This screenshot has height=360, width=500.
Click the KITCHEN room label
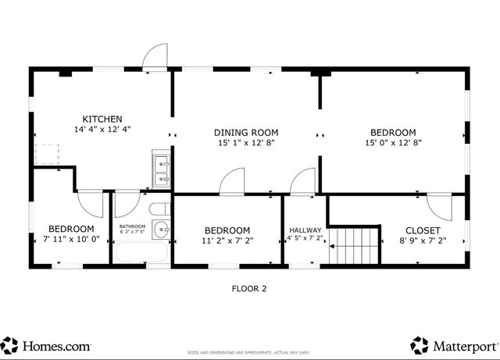[102, 119]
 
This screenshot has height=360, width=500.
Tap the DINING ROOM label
[247, 132]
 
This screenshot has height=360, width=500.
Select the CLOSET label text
[423, 230]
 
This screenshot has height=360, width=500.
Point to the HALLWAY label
[305, 230]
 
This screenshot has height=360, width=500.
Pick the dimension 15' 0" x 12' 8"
[393, 143]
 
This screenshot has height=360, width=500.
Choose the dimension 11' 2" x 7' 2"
[227, 241]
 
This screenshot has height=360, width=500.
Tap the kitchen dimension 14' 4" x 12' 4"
[102, 130]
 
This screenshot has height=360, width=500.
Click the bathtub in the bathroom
[141, 252]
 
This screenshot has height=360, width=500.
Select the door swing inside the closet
[439, 205]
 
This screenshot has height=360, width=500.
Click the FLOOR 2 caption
[249, 288]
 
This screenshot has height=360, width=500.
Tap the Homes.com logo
[47, 344]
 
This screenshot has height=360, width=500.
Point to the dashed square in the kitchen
[48, 153]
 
